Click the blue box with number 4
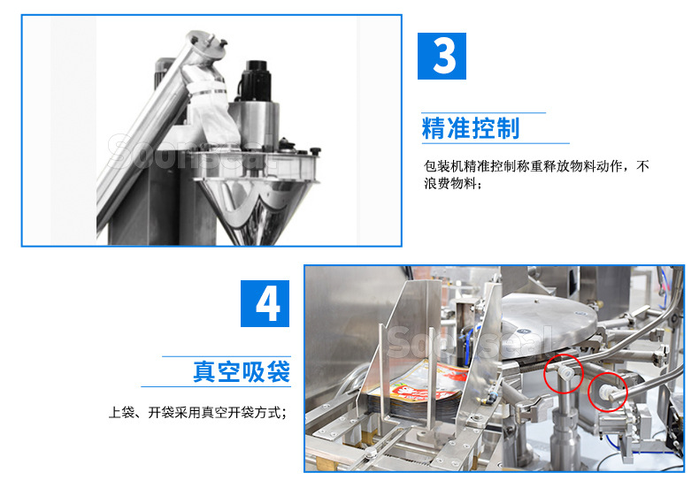coord(265,303)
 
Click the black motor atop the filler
coord(257,80)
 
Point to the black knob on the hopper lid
coord(285,144)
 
